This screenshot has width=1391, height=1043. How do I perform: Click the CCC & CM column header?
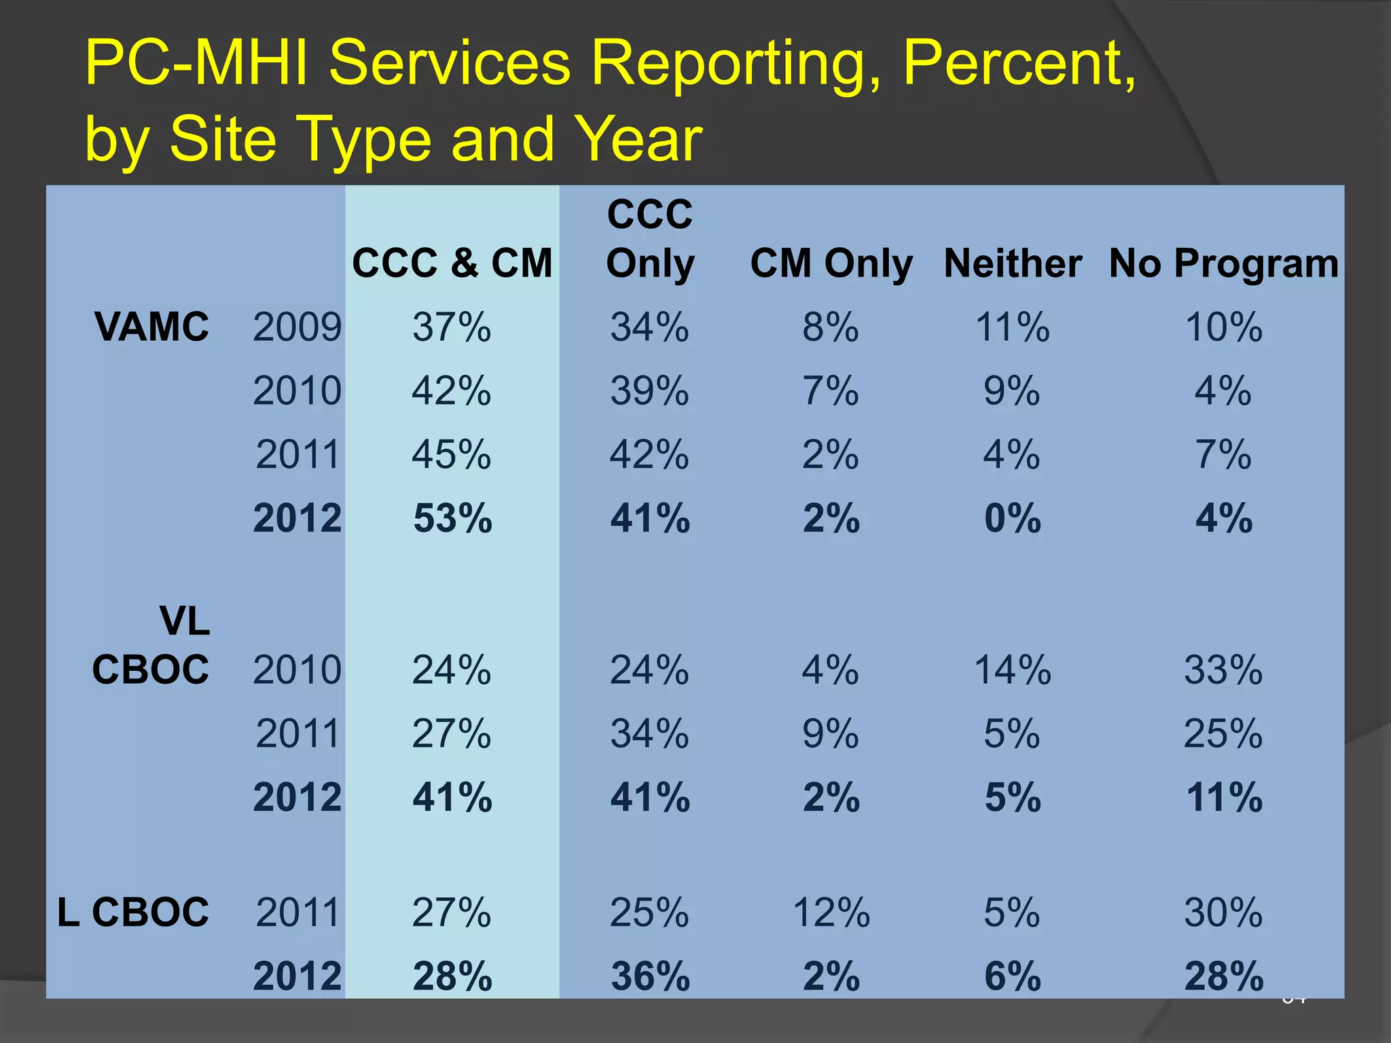pos(452,263)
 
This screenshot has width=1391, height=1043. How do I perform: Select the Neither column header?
pos(1012,263)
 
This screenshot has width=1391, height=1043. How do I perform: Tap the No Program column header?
pos(1223,263)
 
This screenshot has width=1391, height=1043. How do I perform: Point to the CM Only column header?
pos(831,263)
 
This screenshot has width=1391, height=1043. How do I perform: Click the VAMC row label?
pos(152,327)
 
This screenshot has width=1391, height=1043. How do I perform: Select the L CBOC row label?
pos(133,912)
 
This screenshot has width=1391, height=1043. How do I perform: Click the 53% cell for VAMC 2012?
pos(452,519)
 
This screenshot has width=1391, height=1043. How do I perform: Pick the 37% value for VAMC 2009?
pos(452,327)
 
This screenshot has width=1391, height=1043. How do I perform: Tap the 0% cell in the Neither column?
pos(1012,519)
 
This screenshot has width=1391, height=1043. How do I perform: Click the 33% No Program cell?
pos(1223,670)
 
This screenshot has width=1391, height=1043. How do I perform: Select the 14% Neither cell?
pos(1012,670)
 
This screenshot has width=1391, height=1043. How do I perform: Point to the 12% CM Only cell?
pos(831,912)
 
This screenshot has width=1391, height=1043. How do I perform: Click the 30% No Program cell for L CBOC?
pos(1223,912)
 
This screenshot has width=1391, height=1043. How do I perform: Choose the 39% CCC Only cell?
pos(649,390)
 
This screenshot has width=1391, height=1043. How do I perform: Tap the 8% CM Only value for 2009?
pos(831,327)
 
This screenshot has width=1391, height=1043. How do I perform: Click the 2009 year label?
pos(297,327)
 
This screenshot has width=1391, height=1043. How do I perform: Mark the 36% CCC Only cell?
pos(650,976)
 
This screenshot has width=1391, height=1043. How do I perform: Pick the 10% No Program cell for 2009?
pos(1223,327)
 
